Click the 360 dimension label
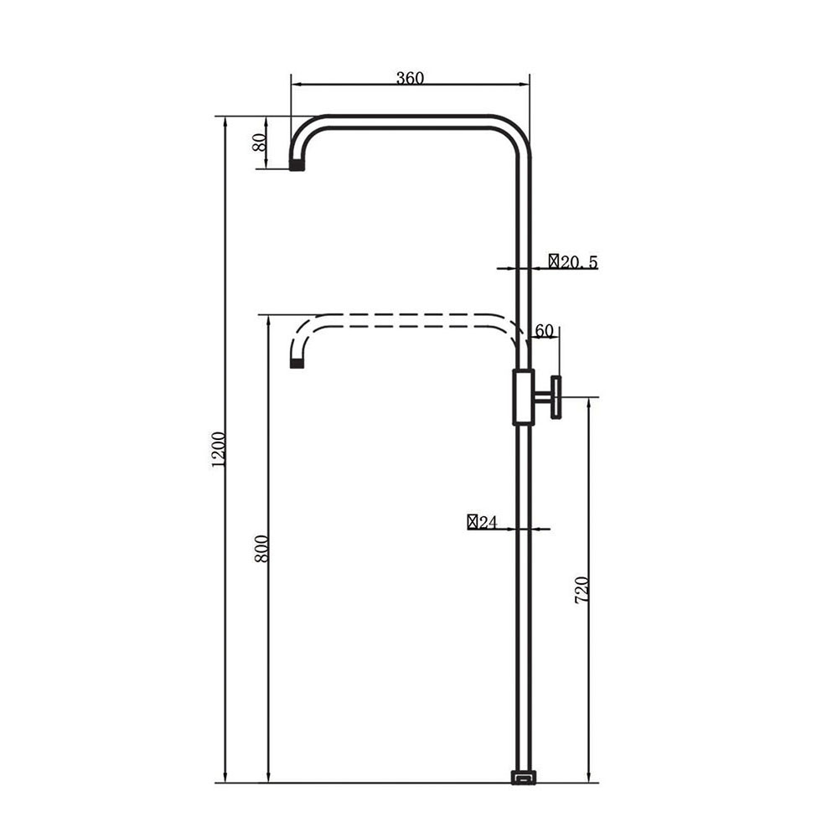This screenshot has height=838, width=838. (x=410, y=78)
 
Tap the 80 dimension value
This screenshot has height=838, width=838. (x=260, y=142)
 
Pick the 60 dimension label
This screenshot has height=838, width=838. (x=545, y=331)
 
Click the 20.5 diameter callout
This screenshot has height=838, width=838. (x=573, y=262)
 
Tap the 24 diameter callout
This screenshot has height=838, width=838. (x=483, y=523)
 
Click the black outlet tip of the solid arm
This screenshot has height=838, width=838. (x=297, y=165)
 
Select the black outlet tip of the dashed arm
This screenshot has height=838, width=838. (x=297, y=364)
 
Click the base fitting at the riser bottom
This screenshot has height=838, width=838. (x=523, y=778)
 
